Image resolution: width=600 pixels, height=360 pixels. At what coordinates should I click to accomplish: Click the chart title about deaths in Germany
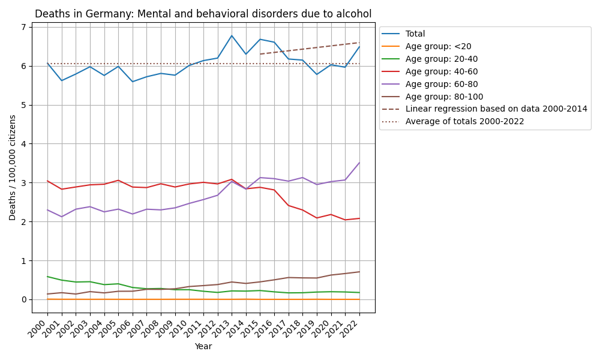coord(203,14)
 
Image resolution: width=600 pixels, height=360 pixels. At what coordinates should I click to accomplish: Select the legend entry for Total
coord(415,34)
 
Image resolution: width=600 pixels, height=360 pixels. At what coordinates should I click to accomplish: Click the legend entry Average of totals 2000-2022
coord(464,121)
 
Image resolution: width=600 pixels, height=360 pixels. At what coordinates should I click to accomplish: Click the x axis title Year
coord(203,346)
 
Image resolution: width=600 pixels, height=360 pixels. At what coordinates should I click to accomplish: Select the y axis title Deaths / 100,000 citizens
coord(13,167)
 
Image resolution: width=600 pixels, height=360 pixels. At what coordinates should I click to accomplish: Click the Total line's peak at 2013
coord(232,35)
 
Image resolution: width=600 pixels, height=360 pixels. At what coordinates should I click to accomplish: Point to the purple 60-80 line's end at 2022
coord(359,163)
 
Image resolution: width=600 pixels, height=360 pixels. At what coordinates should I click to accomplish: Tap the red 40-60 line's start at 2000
coord(47,181)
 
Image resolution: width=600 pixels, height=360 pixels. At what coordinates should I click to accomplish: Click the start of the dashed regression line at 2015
coord(260,54)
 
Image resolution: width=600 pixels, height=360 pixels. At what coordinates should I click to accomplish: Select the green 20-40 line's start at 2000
coord(47,277)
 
